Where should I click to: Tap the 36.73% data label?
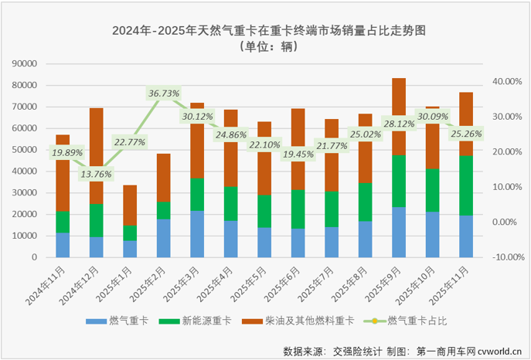click(164, 93)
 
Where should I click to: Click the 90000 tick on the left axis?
click(27, 64)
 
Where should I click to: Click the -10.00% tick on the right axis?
click(508, 257)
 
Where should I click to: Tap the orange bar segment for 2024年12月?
click(97, 155)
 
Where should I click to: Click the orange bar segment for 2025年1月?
click(130, 205)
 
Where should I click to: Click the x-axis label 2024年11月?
click(43, 281)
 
